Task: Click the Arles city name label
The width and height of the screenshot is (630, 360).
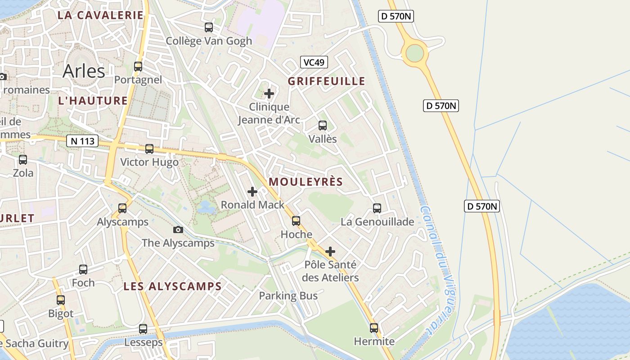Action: [x=84, y=71]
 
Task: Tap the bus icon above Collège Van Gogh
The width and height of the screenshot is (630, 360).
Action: [x=209, y=27]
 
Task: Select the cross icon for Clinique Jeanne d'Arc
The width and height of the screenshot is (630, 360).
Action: [x=269, y=94]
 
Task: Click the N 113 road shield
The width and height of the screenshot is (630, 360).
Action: [x=82, y=141]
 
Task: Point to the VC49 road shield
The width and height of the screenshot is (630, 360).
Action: [x=314, y=62]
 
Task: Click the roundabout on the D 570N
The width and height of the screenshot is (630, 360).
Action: [x=414, y=53]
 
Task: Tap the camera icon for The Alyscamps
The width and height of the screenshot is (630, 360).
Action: [x=178, y=229]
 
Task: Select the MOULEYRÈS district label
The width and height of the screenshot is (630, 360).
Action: [x=306, y=182]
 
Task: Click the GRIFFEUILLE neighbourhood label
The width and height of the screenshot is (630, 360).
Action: [x=326, y=81]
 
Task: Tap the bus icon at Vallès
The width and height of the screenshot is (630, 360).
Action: [x=323, y=126]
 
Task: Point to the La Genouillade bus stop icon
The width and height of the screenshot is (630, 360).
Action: [x=377, y=208]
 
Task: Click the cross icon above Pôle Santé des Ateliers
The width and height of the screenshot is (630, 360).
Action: [x=330, y=251]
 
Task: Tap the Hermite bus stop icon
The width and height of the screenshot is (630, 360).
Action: [x=374, y=328]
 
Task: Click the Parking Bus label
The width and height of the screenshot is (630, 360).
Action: [x=288, y=296]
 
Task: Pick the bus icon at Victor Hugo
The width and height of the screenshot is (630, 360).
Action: [x=149, y=148]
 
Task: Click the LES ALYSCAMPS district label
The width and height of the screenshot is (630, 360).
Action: [x=172, y=286]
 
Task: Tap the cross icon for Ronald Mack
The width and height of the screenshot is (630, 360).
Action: [x=252, y=192]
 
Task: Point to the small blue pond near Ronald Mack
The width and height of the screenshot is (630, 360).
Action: [x=206, y=207]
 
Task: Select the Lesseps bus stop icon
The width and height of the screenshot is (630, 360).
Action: [x=143, y=329]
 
